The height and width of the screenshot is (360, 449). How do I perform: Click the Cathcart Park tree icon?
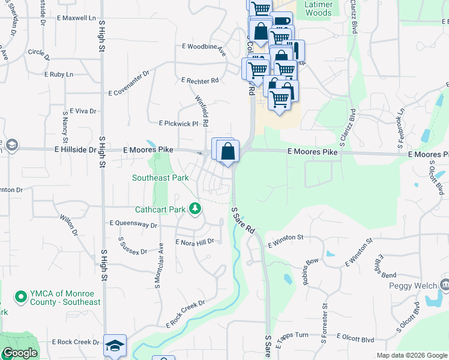[x=194, y=209]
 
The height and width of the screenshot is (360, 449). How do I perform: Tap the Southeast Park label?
[x=160, y=178]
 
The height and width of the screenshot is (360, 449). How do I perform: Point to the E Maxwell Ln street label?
[x=77, y=19]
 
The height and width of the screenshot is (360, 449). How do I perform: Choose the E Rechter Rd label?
[x=200, y=80]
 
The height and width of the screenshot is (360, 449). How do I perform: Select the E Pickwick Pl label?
[x=178, y=123]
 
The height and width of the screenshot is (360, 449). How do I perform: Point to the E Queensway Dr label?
[x=133, y=224]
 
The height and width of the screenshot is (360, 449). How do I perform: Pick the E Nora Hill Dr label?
[x=194, y=242]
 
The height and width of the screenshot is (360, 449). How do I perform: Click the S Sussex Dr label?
[x=133, y=247]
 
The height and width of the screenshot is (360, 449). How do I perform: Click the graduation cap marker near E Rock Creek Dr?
[x=115, y=345]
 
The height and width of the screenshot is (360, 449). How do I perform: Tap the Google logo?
[x=20, y=353]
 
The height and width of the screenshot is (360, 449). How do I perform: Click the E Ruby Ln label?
[x=59, y=74]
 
